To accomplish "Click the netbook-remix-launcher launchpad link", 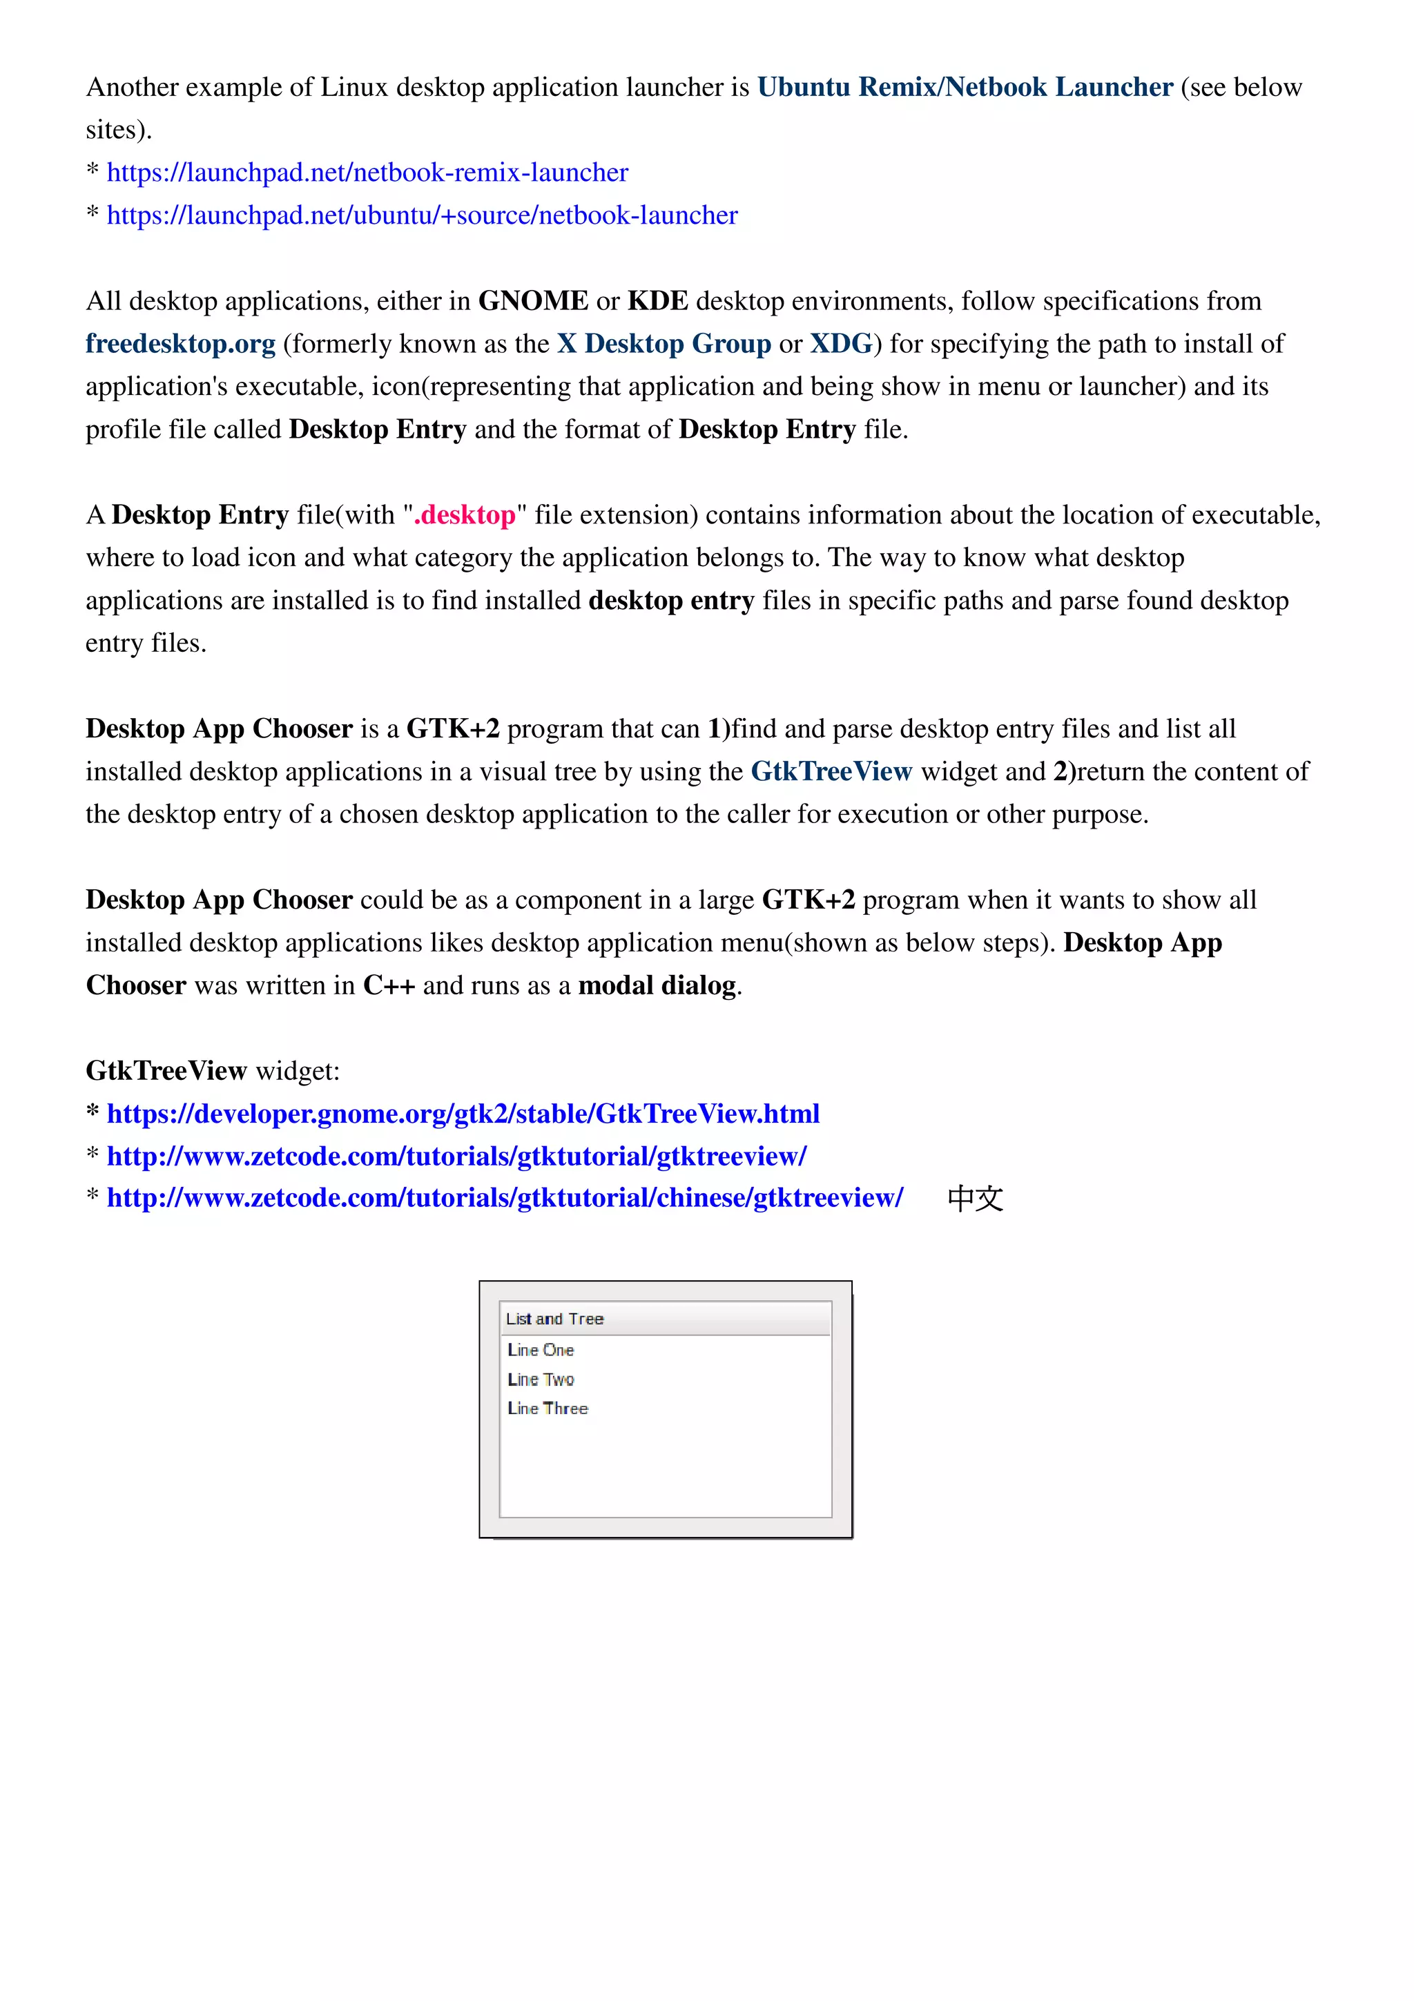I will (x=367, y=173).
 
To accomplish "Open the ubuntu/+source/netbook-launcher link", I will (x=422, y=215).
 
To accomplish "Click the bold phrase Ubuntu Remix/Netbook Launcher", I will (x=965, y=87).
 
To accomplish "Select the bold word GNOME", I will (x=532, y=300).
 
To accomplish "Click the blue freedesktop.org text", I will (x=180, y=343).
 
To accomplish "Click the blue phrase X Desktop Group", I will (x=664, y=343).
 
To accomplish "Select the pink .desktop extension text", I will (x=465, y=515).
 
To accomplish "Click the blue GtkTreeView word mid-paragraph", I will (x=831, y=771).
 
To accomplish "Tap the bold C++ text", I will (x=389, y=985).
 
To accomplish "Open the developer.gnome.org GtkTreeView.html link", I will (x=463, y=1113).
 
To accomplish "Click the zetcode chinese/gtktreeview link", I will (x=505, y=1197).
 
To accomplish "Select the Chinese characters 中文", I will (x=975, y=1199).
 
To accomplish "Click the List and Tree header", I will (x=555, y=1319).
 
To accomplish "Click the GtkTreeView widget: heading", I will (x=213, y=1070).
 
